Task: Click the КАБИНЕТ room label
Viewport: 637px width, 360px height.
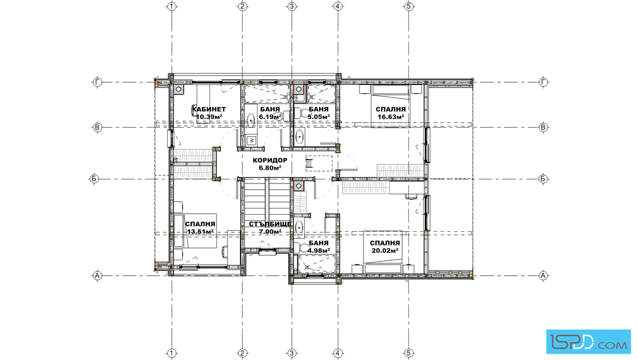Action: pos(209,109)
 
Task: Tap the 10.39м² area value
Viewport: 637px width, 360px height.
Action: pos(209,117)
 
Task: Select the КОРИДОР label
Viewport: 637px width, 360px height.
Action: pos(270,160)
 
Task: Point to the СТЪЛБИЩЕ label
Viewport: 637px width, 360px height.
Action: pos(270,224)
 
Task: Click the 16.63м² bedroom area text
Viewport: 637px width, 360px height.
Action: pos(391,117)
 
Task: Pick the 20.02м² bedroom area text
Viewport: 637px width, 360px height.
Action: pos(384,251)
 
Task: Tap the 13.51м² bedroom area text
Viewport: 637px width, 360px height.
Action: pos(200,232)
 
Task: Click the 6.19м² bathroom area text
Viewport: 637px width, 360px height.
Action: pos(270,117)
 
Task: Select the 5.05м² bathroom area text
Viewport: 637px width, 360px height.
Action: pos(318,117)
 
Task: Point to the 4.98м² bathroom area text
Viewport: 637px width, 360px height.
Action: pos(318,251)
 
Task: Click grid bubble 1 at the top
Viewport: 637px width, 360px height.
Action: pos(172,6)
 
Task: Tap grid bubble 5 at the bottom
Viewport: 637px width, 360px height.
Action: pos(409,353)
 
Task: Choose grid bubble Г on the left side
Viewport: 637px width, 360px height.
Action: pos(97,82)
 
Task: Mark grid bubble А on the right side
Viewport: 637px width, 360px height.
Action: pos(544,275)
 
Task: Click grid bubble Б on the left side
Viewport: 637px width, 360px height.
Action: pos(94,179)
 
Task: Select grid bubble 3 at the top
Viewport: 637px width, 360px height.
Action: pos(292,6)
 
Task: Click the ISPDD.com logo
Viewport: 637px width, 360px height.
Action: pos(588,342)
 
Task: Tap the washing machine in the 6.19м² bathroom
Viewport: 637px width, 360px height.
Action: pos(251,140)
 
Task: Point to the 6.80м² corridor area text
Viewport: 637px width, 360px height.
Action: pos(270,167)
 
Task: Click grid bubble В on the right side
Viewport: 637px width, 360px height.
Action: pos(544,128)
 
